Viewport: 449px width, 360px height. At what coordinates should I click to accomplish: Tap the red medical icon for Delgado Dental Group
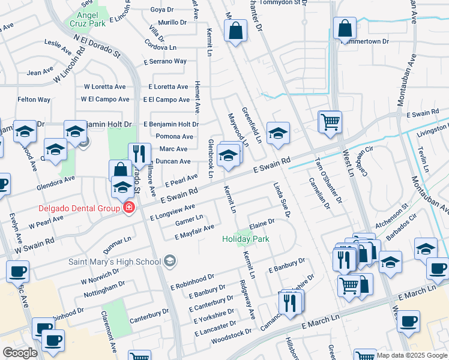(128, 208)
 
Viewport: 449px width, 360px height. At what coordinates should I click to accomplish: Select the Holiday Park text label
(246, 239)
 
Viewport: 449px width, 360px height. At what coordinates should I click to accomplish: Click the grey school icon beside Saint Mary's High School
(170, 260)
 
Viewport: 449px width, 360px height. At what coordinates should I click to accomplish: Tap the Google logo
(19, 353)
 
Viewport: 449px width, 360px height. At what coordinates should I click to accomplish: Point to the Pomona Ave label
(173, 136)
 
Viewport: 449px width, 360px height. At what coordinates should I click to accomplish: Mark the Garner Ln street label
(189, 221)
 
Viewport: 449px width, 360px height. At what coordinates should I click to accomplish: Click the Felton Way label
(34, 99)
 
